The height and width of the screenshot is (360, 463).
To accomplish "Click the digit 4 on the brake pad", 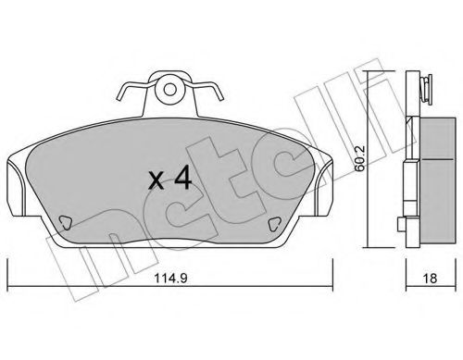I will pos(182,179).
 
